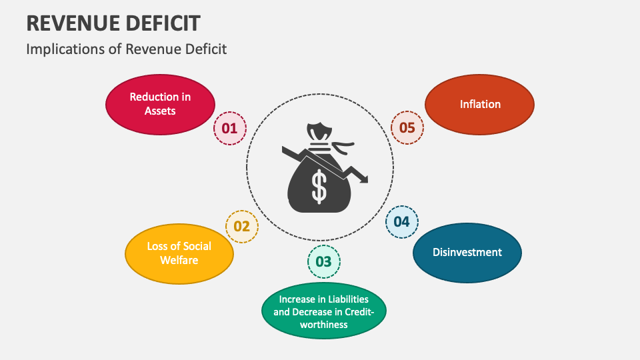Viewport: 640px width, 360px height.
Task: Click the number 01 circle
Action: pos(229,128)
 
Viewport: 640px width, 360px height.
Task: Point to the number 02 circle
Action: pos(241,227)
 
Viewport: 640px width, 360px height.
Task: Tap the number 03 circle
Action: pos(323,261)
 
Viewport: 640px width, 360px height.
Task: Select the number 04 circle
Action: pos(401,222)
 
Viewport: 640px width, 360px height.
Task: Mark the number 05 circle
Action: pos(407,127)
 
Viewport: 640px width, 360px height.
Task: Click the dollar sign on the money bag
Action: pos(320,186)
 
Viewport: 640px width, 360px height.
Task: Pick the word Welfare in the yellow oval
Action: pos(179,260)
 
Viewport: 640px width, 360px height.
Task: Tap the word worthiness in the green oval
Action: pos(323,325)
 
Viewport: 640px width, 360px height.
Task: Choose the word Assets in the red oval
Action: pos(160,111)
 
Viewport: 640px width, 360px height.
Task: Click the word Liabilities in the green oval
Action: pos(339,299)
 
